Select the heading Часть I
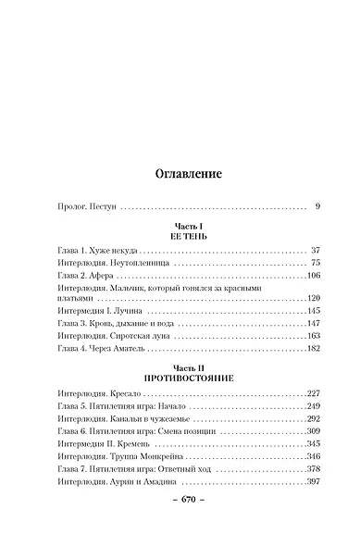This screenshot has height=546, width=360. (180, 226)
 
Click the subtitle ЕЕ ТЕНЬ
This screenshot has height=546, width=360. (180, 237)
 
